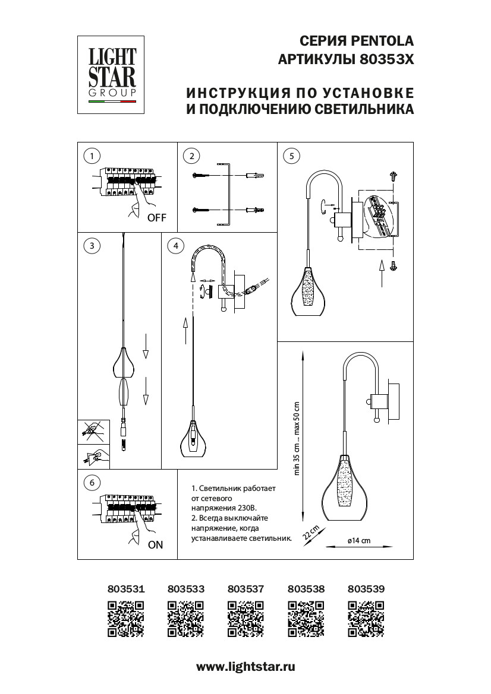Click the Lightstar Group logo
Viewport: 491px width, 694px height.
tap(112, 74)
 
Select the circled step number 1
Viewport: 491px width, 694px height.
tap(91, 156)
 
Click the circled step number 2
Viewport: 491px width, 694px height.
tap(191, 156)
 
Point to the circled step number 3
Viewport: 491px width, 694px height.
tap(91, 245)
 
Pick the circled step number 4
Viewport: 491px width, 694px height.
tap(175, 245)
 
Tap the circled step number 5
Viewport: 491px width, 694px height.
tap(291, 156)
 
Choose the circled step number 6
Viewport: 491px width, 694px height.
tap(91, 483)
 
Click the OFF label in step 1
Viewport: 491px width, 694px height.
tap(157, 218)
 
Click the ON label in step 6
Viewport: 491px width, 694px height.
tap(155, 544)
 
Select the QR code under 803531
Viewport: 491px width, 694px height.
tap(126, 619)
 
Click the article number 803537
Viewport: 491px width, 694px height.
tap(245, 589)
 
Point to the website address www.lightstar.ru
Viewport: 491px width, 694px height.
tap(245, 667)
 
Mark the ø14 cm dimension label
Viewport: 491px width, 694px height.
tap(358, 541)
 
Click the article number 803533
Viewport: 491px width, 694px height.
tap(186, 589)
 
